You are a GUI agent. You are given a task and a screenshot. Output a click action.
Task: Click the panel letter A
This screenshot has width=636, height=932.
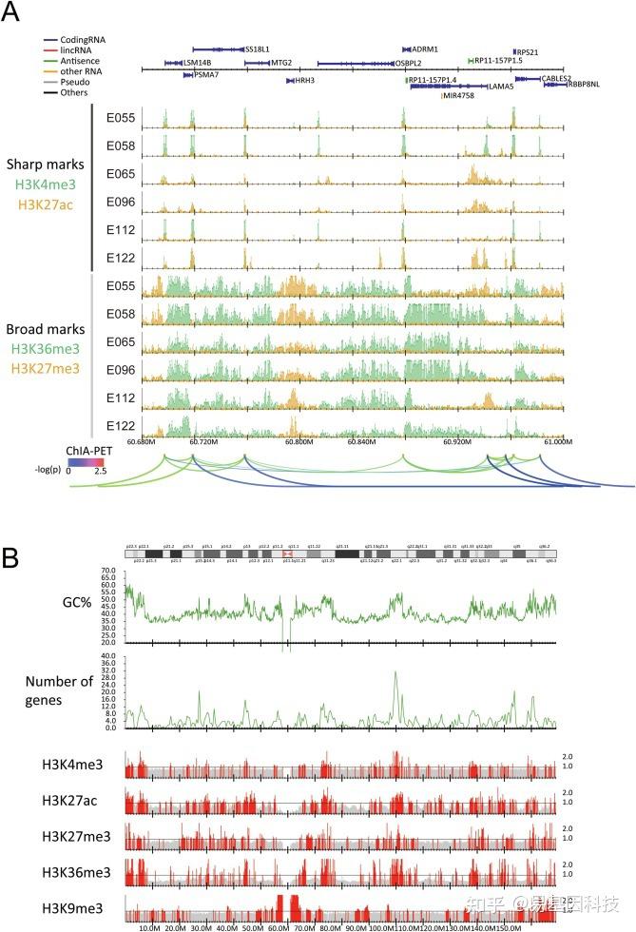click(13, 13)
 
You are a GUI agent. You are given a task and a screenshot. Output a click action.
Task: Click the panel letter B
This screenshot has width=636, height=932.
click(13, 557)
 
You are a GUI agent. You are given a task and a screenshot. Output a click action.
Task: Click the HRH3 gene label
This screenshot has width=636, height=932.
click(304, 81)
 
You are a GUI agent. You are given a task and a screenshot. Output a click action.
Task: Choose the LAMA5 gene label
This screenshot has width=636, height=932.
click(500, 87)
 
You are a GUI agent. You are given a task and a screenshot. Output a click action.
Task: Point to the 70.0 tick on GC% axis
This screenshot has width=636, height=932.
click(114, 570)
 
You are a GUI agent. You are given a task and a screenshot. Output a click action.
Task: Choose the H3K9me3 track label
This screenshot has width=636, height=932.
click(72, 907)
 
